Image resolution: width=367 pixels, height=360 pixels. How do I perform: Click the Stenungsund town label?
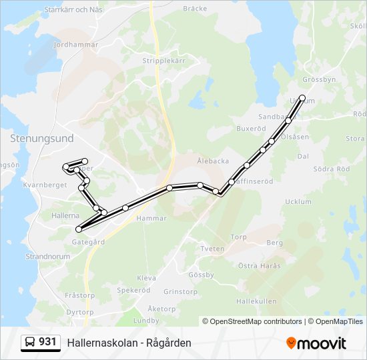click(41, 138)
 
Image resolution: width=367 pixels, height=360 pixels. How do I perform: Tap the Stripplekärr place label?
click(163, 59)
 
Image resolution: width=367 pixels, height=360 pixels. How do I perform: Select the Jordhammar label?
click(75, 45)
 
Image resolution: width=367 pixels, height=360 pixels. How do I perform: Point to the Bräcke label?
click(195, 9)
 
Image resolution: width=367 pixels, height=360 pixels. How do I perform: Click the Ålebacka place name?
click(213, 161)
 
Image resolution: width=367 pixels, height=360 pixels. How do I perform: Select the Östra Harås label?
click(260, 265)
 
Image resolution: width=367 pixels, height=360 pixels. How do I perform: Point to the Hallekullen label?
click(256, 301)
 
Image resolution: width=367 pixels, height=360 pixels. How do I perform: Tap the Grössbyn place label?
click(318, 79)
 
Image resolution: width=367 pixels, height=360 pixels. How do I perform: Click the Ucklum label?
click(298, 201)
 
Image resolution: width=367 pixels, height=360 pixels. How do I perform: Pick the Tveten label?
click(212, 249)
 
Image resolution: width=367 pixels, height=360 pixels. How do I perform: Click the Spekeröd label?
click(133, 291)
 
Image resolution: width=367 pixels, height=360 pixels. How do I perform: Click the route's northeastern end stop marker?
click(302, 98)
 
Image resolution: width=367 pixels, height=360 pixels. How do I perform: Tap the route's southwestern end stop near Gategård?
click(79, 229)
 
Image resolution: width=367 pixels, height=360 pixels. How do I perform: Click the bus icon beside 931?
click(30, 342)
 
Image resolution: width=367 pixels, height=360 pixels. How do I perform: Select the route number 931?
click(47, 342)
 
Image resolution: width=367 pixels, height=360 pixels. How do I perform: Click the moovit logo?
click(316, 343)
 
